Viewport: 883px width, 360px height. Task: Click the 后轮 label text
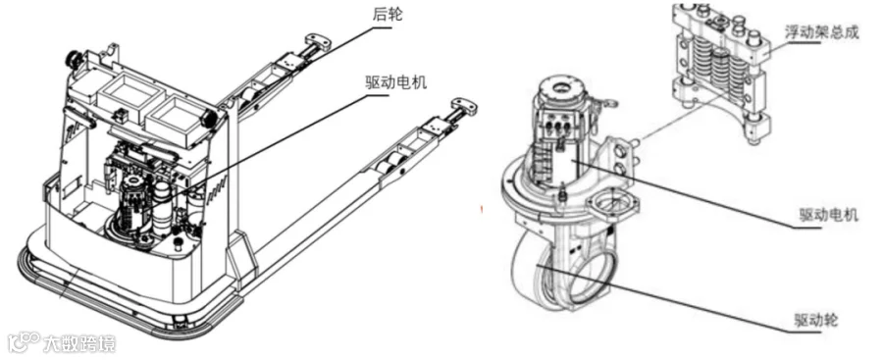388,15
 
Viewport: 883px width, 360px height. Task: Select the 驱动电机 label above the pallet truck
395,82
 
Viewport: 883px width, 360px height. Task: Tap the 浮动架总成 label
821,32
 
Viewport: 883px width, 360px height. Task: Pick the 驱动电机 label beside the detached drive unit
829,214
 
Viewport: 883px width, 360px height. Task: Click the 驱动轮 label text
816,321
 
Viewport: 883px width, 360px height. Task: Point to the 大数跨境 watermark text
78,342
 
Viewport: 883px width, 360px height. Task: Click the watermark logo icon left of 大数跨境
25,342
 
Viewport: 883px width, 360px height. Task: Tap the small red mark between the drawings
482,210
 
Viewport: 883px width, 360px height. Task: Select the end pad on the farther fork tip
317,40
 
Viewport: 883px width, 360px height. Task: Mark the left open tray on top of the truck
129,93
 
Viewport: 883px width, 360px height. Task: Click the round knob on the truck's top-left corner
74,58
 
